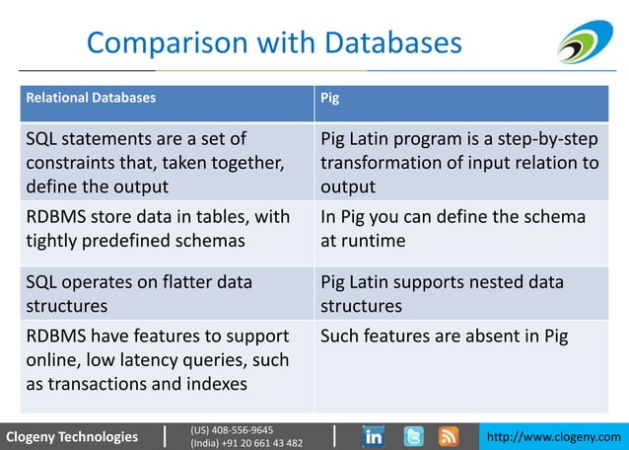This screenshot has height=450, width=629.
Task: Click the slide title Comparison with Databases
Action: click(x=273, y=42)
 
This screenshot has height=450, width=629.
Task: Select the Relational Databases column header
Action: click(x=90, y=99)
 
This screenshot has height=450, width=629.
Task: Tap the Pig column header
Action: click(x=330, y=99)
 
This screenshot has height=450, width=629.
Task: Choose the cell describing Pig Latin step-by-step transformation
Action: click(x=459, y=162)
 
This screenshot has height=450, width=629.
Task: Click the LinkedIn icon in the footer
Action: click(x=374, y=435)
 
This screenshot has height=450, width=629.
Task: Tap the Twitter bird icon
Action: click(x=413, y=435)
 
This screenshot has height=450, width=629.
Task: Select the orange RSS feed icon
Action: click(x=449, y=435)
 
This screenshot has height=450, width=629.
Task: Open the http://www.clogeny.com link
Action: click(x=556, y=436)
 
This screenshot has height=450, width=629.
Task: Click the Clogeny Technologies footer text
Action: click(x=72, y=436)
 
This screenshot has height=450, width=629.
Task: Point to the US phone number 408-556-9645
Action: click(x=232, y=429)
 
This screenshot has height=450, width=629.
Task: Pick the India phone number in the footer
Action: click(x=246, y=443)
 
